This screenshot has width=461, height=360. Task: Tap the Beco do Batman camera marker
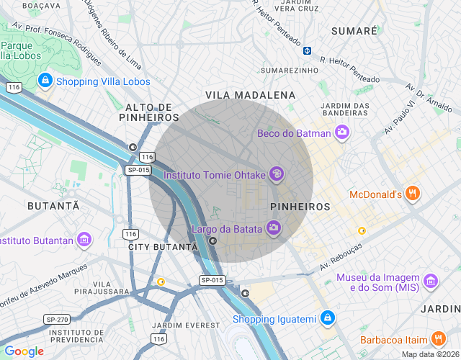coord(341,132)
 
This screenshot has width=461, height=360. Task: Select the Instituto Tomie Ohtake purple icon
coord(277,174)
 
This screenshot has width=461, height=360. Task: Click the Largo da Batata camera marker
coord(274,229)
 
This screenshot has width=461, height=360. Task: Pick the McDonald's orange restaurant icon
coord(412,193)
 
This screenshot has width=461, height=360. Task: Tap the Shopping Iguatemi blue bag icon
coord(327,318)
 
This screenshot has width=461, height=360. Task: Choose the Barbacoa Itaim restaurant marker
coord(438,339)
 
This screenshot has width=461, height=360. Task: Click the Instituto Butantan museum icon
coord(84,239)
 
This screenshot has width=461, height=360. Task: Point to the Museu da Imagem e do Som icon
coord(431,282)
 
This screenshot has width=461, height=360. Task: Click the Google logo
coord(24,351)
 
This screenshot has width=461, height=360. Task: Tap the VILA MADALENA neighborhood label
coord(250,95)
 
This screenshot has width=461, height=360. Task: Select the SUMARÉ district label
coord(354,31)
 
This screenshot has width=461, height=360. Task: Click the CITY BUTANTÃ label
coord(162,246)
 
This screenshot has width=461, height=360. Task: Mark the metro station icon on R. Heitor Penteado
coord(307,50)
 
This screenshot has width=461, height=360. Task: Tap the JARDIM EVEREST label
coord(187,325)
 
